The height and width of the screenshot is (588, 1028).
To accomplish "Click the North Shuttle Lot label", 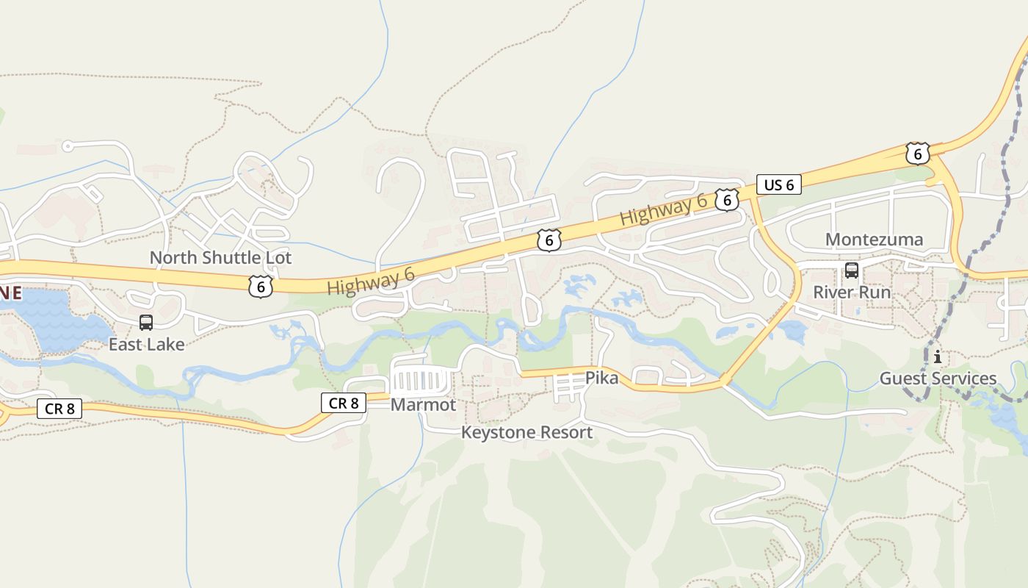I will click(220, 258).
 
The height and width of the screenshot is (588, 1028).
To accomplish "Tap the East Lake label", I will click(146, 344).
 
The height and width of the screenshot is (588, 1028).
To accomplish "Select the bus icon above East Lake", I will click(146, 322).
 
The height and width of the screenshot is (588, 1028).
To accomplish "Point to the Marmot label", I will click(423, 405).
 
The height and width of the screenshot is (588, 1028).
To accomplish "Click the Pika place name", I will click(601, 379).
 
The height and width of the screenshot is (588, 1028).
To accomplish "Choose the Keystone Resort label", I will click(526, 432).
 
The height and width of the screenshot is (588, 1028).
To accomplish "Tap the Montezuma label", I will click(874, 240).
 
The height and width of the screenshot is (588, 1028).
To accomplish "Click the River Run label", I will click(852, 292).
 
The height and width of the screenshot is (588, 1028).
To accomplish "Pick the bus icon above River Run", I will click(852, 270).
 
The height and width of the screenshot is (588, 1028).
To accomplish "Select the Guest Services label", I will click(938, 379).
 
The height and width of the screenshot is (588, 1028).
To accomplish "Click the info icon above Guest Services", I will click(938, 357).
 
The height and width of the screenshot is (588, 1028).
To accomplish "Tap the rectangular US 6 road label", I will click(779, 184).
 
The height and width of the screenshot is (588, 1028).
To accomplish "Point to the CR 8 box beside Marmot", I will click(343, 403).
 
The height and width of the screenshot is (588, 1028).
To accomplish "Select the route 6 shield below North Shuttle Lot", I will click(261, 287).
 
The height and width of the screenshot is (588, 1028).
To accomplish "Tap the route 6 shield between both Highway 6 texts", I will click(549, 240).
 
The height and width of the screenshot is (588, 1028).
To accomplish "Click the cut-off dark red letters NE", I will click(10, 293).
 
